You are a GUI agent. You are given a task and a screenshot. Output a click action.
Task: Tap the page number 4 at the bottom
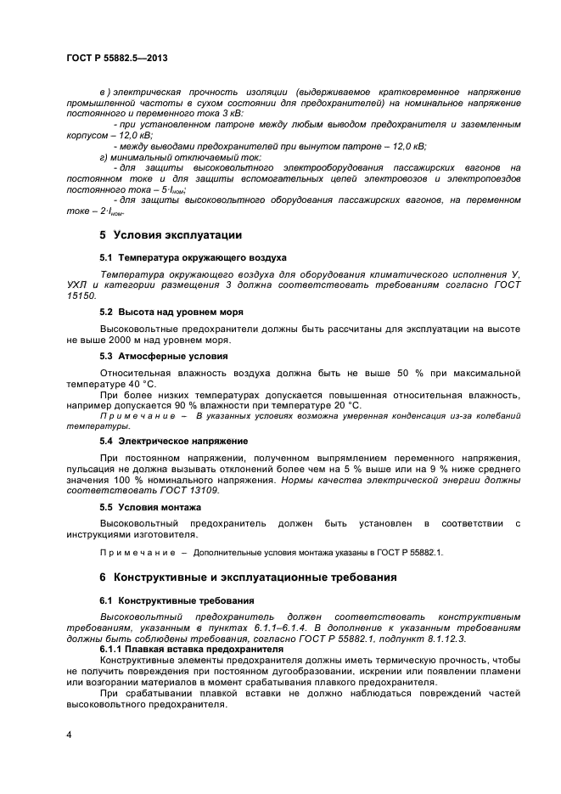[x=68, y=732]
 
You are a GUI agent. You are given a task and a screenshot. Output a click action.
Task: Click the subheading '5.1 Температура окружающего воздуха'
[x=193, y=256]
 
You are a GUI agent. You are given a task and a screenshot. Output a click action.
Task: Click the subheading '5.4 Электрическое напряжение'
[x=173, y=442]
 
